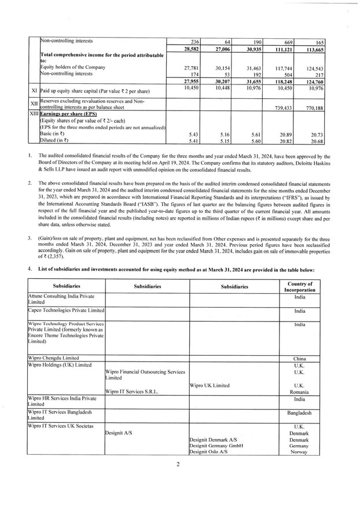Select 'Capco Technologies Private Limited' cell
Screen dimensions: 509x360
click(x=66, y=310)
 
